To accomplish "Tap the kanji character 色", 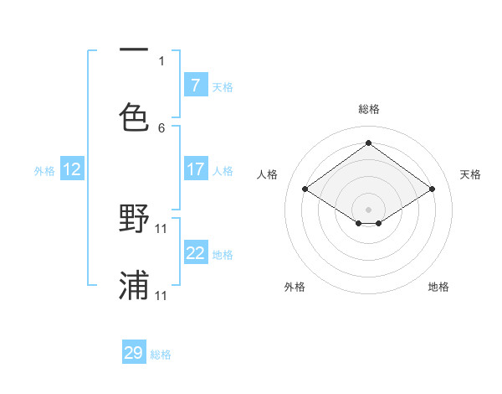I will click(134, 117).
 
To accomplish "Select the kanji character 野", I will click(134, 219).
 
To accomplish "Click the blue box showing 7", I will click(195, 85).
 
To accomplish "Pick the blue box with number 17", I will click(195, 169).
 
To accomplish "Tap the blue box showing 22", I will click(195, 253).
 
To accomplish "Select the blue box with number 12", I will click(72, 169).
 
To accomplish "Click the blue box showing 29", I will click(134, 353).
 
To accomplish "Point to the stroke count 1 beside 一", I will click(161, 60).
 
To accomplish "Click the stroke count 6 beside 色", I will click(161, 127).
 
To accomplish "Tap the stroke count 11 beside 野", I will click(162, 228).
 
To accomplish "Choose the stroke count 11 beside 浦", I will click(162, 295).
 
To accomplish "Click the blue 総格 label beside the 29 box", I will click(161, 355).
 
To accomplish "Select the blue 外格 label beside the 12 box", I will click(44, 170).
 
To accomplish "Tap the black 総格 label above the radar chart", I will click(369, 109).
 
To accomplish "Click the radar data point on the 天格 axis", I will click(432, 189).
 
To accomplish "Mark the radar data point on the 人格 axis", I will click(305, 189).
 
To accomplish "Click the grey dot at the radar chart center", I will click(369, 209).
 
